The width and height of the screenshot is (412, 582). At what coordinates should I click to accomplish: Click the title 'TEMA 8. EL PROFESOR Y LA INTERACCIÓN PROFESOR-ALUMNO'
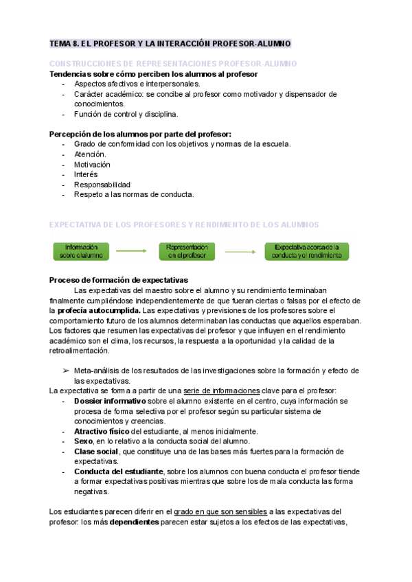(170, 44)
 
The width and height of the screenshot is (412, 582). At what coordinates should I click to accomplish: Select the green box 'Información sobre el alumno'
(82, 251)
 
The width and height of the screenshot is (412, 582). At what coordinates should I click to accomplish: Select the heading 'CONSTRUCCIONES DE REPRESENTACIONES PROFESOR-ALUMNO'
(173, 64)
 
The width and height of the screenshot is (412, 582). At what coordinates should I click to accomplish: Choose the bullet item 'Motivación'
(92, 165)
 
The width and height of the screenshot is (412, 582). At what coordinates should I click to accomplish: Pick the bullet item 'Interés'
(86, 174)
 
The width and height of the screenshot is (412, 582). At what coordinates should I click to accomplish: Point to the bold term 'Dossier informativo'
(110, 401)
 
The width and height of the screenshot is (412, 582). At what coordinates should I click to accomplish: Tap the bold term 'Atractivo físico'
(101, 431)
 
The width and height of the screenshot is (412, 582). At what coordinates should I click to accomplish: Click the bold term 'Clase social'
(95, 451)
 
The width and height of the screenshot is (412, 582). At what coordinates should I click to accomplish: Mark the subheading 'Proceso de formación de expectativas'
(119, 280)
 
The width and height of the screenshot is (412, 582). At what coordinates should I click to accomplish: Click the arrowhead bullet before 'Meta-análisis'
(66, 371)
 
